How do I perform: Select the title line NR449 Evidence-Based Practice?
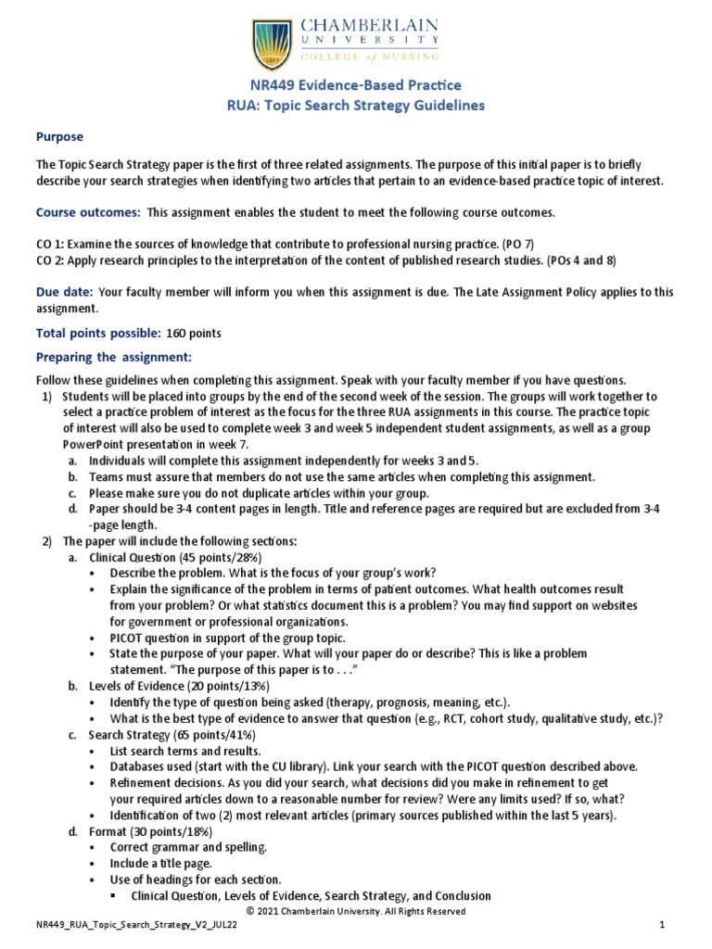click(x=355, y=85)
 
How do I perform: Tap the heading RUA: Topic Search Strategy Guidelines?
click(x=356, y=106)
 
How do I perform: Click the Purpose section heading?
click(x=59, y=136)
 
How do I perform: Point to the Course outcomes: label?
click(x=88, y=212)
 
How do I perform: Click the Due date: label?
click(x=65, y=291)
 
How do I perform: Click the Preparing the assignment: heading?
click(x=113, y=357)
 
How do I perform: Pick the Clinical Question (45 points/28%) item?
click(x=175, y=557)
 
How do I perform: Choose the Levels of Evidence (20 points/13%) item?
click(x=178, y=686)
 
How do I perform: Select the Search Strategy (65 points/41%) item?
click(x=172, y=734)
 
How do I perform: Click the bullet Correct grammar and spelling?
click(x=187, y=847)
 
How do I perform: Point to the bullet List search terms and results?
click(x=185, y=751)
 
